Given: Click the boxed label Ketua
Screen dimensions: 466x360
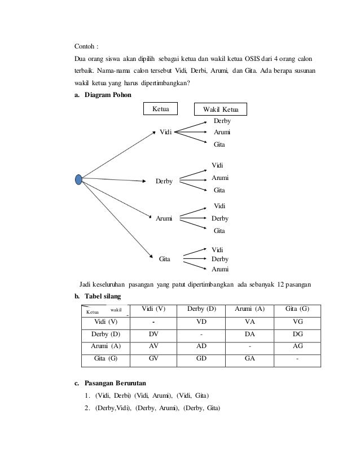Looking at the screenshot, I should (161, 108).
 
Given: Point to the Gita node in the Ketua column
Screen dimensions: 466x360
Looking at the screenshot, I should (165, 258).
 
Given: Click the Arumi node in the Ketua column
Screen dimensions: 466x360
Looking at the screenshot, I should (164, 218).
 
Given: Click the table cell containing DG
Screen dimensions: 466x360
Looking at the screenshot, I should (298, 334).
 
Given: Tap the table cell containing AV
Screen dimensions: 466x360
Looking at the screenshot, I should (153, 346).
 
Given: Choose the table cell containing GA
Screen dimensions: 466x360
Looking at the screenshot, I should (248, 358).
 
